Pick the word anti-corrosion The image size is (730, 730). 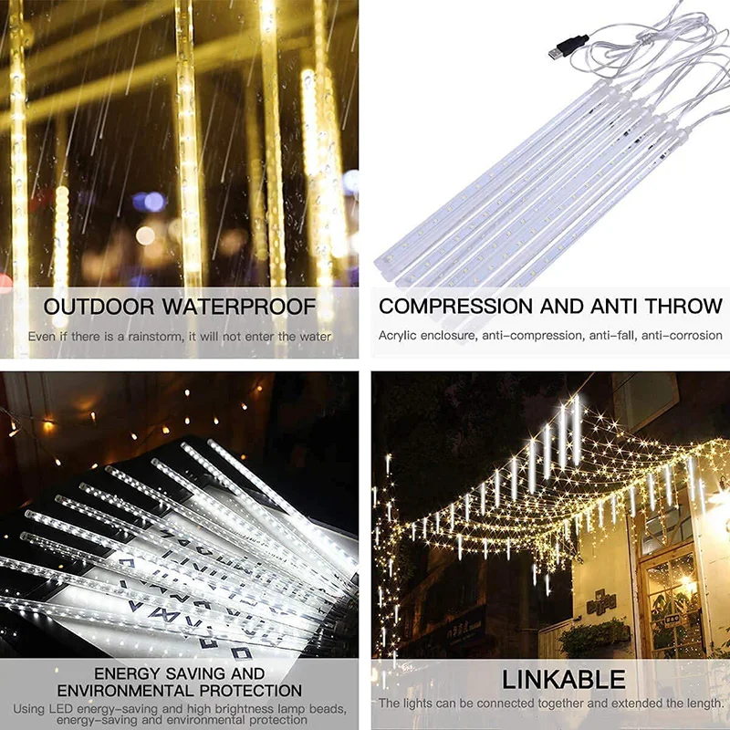tap(682, 336)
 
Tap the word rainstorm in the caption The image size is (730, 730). tap(150, 337)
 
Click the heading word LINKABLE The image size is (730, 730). tap(564, 679)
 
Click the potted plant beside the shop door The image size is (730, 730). tap(594, 637)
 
